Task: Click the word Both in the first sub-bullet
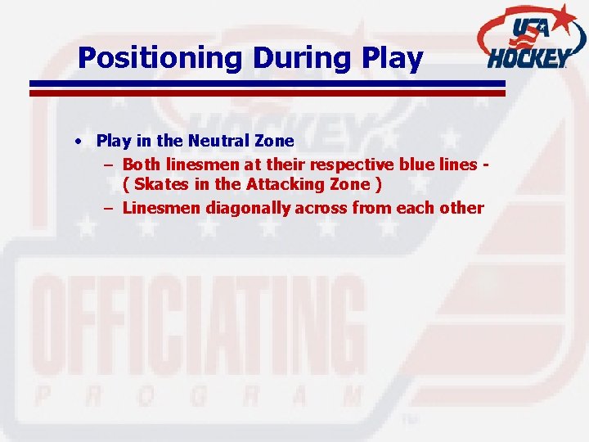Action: pos(141,164)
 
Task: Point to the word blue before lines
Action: pos(415,164)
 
